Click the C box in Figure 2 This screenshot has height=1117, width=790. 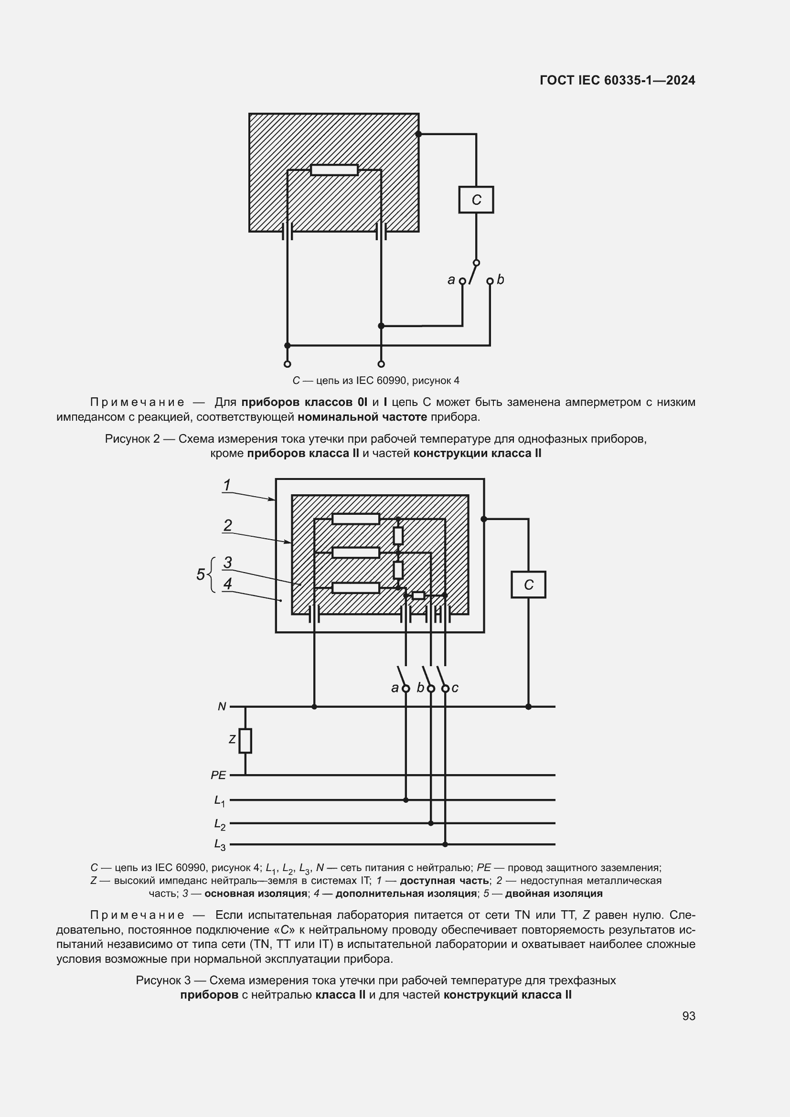(x=476, y=200)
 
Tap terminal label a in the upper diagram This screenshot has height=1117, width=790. (x=451, y=280)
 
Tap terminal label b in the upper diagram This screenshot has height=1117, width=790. (x=501, y=280)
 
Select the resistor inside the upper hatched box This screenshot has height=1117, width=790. (x=334, y=170)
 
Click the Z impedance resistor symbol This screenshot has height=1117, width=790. (x=245, y=741)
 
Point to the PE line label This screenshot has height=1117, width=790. (x=218, y=776)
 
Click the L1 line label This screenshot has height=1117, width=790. (x=219, y=800)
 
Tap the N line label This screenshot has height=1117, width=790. (x=222, y=706)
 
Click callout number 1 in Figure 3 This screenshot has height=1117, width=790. (x=227, y=485)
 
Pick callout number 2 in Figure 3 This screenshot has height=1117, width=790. (x=228, y=525)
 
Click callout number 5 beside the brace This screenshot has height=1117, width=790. (x=201, y=574)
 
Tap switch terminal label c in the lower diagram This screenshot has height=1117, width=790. (x=455, y=688)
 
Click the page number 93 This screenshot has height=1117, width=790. (x=688, y=1016)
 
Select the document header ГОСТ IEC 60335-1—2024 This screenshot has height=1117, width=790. (x=617, y=80)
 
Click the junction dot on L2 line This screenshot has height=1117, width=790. (x=430, y=823)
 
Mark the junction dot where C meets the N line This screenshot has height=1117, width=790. (x=528, y=706)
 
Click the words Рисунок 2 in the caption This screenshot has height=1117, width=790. (x=132, y=439)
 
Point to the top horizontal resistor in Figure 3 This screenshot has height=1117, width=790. (x=356, y=519)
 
